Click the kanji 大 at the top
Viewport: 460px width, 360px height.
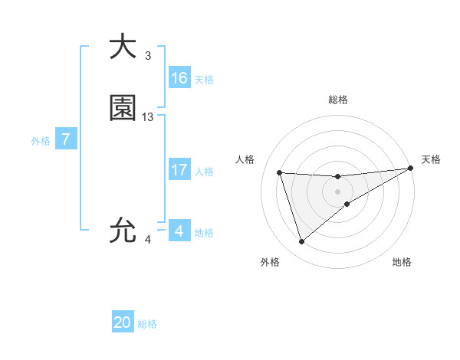[x=123, y=47]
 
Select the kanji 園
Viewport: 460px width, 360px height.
[x=123, y=109]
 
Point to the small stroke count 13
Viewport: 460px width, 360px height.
[x=148, y=117]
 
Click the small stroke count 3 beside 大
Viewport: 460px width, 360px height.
[x=147, y=56]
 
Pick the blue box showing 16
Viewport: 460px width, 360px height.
[x=179, y=78]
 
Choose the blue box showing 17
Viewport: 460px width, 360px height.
[x=179, y=170]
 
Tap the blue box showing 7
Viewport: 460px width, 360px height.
[x=66, y=139]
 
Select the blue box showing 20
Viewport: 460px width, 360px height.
[x=123, y=322]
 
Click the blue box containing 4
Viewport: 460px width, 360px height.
[x=179, y=231]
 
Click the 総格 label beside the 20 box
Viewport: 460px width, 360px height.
[x=147, y=324]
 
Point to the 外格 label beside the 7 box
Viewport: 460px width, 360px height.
[x=41, y=141]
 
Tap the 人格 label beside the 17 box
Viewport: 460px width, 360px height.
[x=205, y=172]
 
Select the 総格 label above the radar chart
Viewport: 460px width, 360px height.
[x=338, y=100]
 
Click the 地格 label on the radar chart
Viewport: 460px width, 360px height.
[x=402, y=262]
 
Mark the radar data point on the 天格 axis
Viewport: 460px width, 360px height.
[x=410, y=169]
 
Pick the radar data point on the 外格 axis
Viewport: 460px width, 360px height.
[x=301, y=242]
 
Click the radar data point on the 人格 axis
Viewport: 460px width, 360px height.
[x=280, y=172]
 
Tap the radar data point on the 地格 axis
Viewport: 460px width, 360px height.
[x=347, y=204]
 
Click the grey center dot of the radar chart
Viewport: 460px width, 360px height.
[x=338, y=191]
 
